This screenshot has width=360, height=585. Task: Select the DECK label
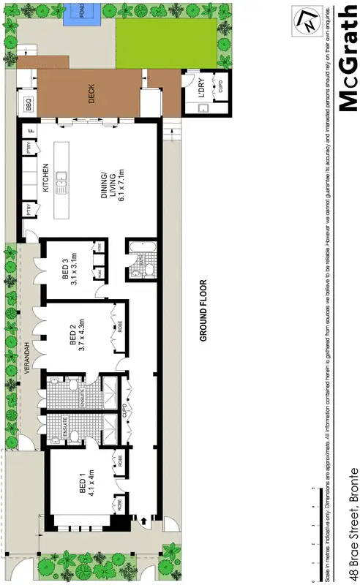click(92, 95)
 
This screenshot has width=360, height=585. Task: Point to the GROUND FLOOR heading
click(205, 310)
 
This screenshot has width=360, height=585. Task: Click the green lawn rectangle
click(165, 43)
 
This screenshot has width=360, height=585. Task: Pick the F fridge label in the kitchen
click(30, 132)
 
